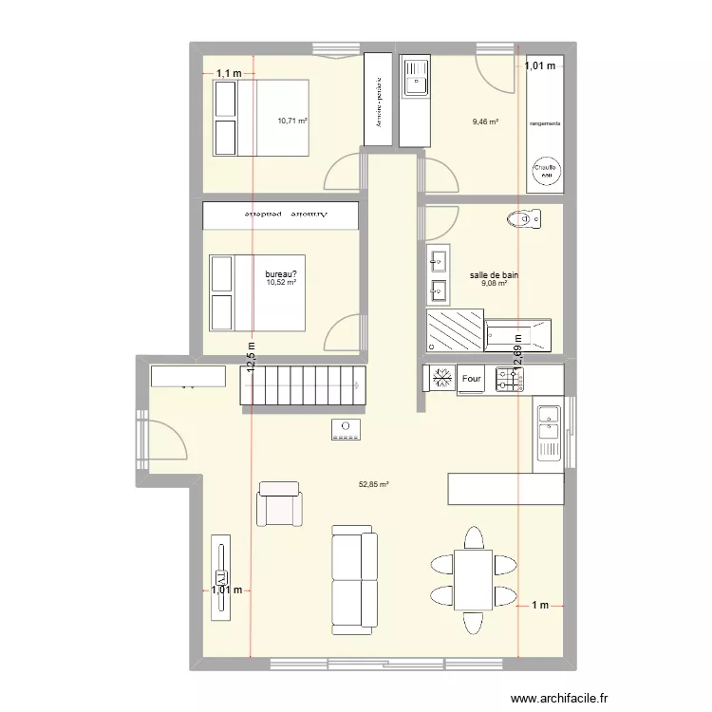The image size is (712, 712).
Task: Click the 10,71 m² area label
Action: pos(292,121)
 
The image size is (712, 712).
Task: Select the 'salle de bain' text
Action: pos(494,275)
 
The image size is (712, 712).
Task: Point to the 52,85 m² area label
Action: pos(374,484)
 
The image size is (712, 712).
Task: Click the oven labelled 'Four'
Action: pos(472,380)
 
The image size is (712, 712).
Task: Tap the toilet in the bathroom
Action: pos(524,220)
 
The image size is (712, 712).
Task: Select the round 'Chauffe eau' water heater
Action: pos(546,170)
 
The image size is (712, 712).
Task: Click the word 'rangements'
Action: pos(545,124)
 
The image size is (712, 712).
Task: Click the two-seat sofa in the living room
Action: pos(354,581)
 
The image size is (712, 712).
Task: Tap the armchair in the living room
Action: pos(279,504)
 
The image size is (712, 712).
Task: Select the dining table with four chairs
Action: pos(473,579)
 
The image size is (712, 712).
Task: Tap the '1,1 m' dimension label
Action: pos(228,73)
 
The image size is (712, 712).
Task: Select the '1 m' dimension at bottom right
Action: pos(540,606)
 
